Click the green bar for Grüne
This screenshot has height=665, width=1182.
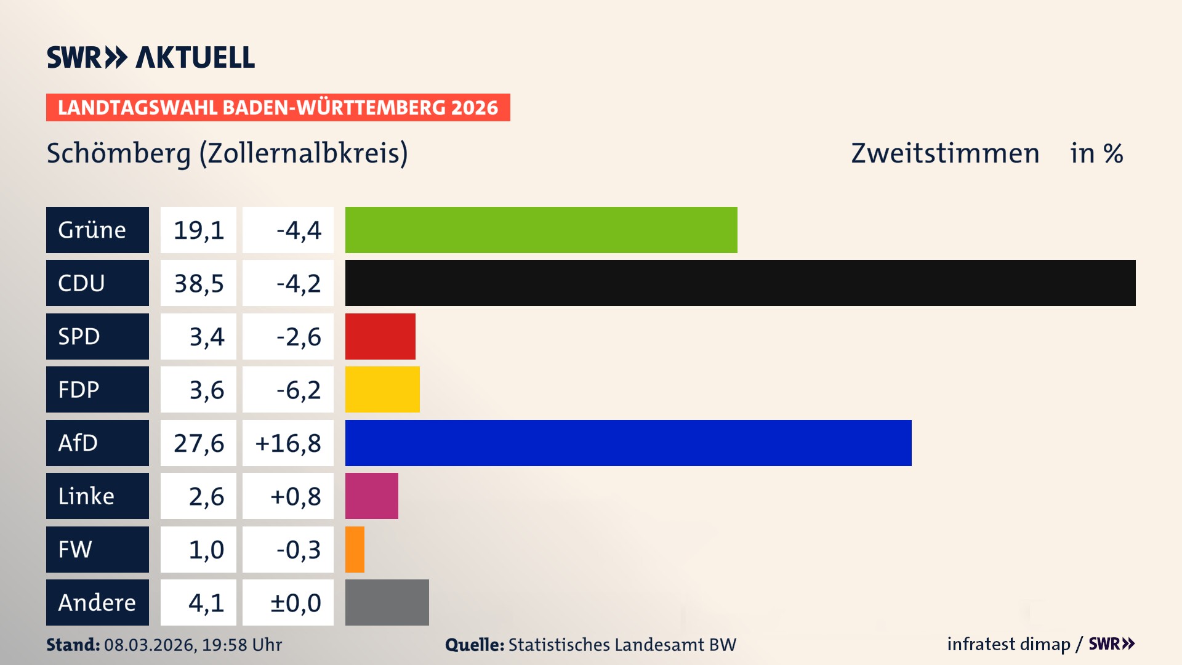(541, 230)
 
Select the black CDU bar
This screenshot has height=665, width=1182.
(740, 283)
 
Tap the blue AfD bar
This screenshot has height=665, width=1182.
(628, 443)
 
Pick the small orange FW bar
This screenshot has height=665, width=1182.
(355, 549)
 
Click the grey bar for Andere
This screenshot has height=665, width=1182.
(387, 602)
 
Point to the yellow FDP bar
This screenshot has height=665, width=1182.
(382, 390)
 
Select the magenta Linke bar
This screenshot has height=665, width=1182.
(371, 496)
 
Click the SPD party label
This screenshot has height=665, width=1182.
(97, 337)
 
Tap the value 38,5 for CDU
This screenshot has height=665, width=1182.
(198, 283)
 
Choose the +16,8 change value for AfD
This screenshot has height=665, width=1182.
(288, 443)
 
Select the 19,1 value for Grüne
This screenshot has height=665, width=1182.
(198, 230)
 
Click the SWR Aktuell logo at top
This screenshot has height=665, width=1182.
(150, 57)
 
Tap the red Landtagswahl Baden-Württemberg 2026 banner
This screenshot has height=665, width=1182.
(278, 108)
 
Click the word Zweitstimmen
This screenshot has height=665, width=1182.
(945, 153)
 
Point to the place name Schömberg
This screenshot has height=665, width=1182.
(118, 153)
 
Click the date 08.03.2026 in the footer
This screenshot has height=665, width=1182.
(150, 645)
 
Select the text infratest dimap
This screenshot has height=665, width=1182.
(1008, 644)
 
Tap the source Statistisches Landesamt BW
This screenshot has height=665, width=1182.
(622, 645)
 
